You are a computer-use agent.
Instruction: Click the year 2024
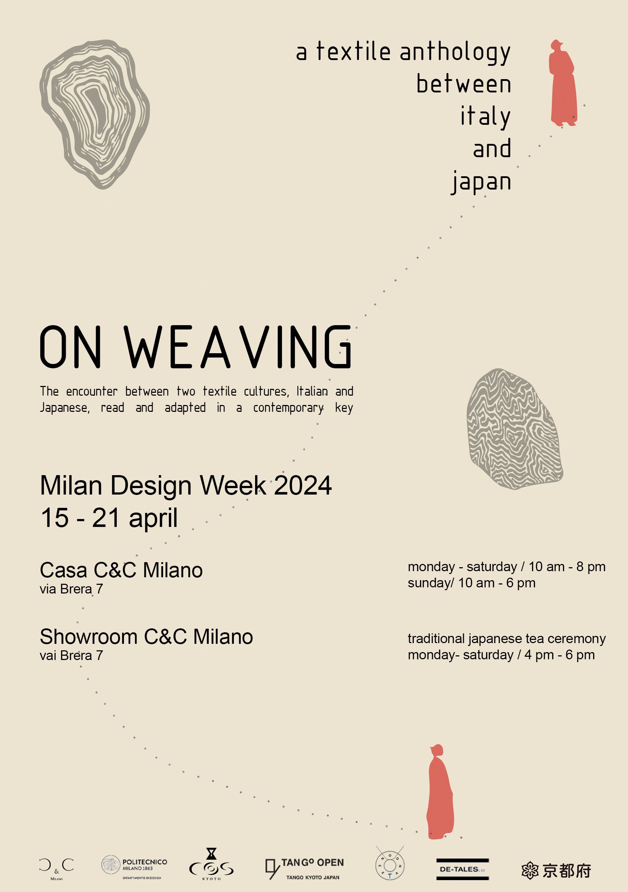(303, 485)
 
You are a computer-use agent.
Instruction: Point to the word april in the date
(153, 518)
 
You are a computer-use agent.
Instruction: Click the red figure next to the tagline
(563, 83)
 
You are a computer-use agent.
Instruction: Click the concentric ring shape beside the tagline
(94, 113)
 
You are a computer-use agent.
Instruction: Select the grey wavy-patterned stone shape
(514, 429)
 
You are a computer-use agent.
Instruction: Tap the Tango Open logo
(305, 869)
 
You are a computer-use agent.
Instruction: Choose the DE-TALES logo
(462, 869)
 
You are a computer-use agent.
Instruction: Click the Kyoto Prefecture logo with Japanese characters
(556, 870)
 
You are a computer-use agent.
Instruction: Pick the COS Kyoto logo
(211, 865)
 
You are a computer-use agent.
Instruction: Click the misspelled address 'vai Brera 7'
(71, 656)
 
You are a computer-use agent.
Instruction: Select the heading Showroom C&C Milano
(146, 637)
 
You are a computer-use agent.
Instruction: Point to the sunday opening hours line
(471, 583)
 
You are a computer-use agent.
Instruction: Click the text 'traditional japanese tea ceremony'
(507, 639)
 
